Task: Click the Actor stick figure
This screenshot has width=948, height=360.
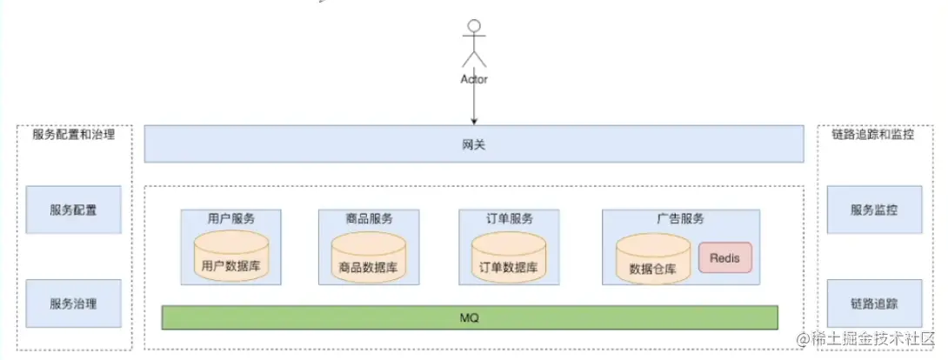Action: click(474, 43)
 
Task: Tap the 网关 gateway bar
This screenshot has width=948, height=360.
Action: click(474, 144)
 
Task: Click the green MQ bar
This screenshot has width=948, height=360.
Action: click(470, 317)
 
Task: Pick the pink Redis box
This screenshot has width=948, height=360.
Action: click(724, 258)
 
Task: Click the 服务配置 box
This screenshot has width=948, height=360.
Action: click(73, 210)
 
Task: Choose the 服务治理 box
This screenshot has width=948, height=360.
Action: click(73, 304)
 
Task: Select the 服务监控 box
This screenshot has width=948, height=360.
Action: click(873, 210)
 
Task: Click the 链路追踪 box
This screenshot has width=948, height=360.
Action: click(873, 304)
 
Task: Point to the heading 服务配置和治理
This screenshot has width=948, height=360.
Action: click(73, 135)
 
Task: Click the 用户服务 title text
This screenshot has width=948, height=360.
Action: click(230, 219)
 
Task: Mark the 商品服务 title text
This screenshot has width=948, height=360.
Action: click(369, 219)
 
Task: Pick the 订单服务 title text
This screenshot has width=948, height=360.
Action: click(509, 219)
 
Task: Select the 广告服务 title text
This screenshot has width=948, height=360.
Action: click(680, 219)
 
